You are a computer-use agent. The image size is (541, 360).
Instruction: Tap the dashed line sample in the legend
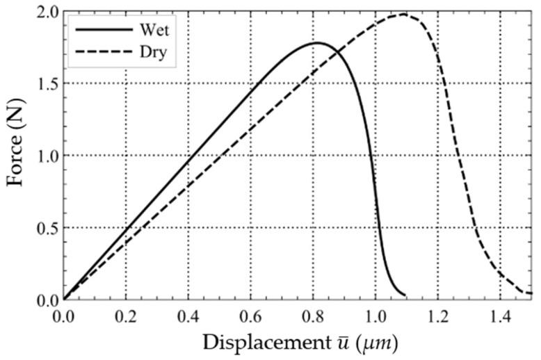click(x=104, y=51)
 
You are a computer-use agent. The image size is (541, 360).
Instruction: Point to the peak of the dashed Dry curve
click(x=403, y=15)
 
